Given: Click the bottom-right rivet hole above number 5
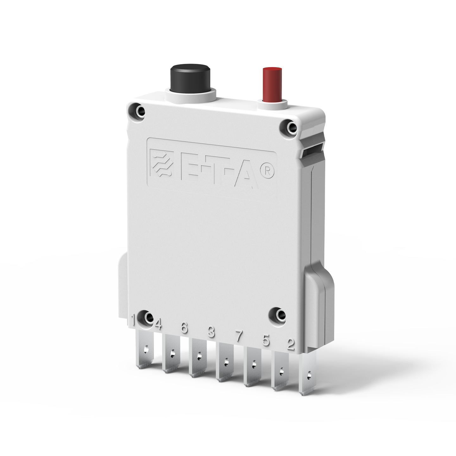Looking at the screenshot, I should (x=279, y=315).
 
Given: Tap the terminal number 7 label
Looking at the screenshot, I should (x=239, y=336).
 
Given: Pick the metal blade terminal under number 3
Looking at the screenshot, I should (x=226, y=362).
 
